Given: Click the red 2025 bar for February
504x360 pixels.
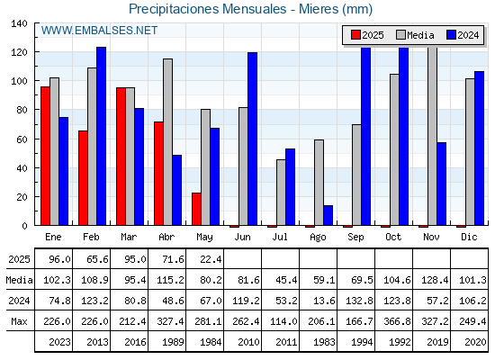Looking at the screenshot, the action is point(83,178).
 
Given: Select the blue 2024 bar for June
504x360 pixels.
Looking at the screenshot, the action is point(252,139).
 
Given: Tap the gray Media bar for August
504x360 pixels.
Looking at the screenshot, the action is point(319,183).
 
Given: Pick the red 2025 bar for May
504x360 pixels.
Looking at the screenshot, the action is point(196,209).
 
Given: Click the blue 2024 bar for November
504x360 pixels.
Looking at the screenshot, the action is point(441,184).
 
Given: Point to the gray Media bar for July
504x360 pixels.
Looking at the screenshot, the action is point(281,193).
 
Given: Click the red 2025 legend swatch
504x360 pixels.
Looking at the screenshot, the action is point(355,35).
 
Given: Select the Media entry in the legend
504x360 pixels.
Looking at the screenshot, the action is point(415,35).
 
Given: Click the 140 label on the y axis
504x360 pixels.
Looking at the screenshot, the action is point(19,23).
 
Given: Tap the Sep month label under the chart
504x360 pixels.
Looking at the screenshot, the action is point(355,238).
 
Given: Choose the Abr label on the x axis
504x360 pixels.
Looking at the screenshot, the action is point(166,238).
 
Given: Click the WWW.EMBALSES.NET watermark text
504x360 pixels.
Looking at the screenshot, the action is point(99,31).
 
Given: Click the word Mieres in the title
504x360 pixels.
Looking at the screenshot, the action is point(319,9).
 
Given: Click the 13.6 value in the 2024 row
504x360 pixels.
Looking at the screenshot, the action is point(324,301).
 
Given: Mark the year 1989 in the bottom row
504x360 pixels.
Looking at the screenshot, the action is point(173,342).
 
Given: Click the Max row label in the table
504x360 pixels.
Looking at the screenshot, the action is point(19,321).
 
